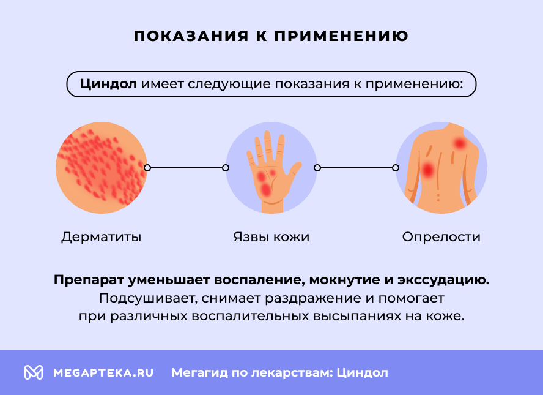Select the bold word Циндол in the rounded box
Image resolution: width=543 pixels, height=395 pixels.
(109, 85)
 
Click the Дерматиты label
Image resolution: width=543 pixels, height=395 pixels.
(102, 237)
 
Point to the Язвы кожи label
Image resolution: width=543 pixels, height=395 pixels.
(271, 237)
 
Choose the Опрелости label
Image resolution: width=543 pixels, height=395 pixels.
(441, 237)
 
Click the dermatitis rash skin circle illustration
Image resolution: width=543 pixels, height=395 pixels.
(101, 168)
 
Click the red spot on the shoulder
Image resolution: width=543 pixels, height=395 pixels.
(460, 143)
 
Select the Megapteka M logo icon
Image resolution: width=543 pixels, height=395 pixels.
(33, 372)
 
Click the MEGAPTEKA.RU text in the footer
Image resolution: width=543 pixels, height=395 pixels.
(103, 372)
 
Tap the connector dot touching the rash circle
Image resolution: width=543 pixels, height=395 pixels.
(147, 167)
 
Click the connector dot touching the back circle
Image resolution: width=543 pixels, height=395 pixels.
(396, 167)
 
